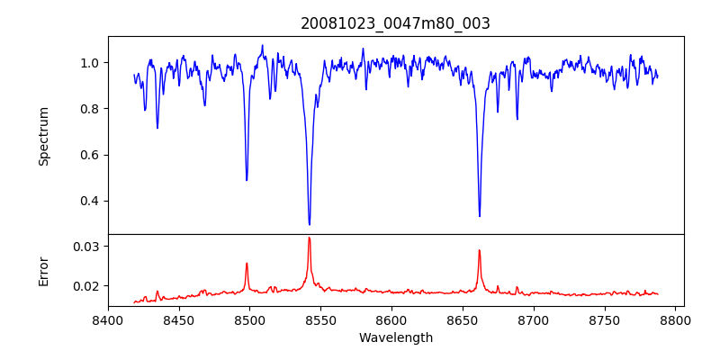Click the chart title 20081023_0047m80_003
tap(395, 23)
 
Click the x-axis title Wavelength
tap(395, 338)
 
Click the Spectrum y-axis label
tap(43, 136)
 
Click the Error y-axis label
tap(43, 271)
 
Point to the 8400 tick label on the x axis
tap(108, 319)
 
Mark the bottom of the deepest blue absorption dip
tap(309, 224)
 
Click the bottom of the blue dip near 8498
tap(247, 180)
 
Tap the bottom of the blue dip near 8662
tap(480, 216)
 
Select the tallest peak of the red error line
tap(309, 238)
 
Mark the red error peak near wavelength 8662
tap(480, 250)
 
